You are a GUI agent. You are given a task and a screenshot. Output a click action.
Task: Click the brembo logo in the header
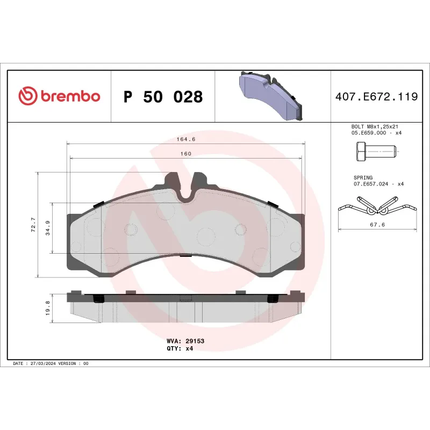tap(59, 96)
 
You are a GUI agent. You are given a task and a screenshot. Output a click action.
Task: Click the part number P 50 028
tap(163, 97)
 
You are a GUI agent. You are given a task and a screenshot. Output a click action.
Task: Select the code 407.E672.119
tap(376, 97)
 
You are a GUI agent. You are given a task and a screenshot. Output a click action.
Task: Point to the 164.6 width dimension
tap(185, 139)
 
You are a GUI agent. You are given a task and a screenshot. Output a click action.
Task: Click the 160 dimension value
tap(185, 154)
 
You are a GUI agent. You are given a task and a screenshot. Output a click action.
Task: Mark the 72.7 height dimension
tap(33, 225)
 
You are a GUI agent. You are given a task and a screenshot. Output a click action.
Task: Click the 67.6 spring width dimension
tap(377, 225)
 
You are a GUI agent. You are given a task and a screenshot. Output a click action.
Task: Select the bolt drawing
tap(376, 153)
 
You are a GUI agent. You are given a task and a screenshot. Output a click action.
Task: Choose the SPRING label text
tap(363, 177)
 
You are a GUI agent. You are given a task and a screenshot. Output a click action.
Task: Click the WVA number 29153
tap(195, 341)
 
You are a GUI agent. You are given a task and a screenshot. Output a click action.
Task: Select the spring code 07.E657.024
tap(371, 184)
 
